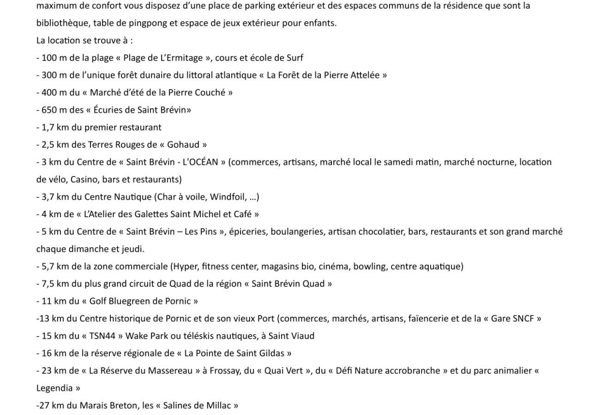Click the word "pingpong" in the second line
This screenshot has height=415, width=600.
[x=150, y=23]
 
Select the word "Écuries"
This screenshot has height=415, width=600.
[x=109, y=110]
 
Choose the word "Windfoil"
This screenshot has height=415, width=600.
[x=226, y=197]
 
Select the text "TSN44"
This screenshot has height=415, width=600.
[x=102, y=336]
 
